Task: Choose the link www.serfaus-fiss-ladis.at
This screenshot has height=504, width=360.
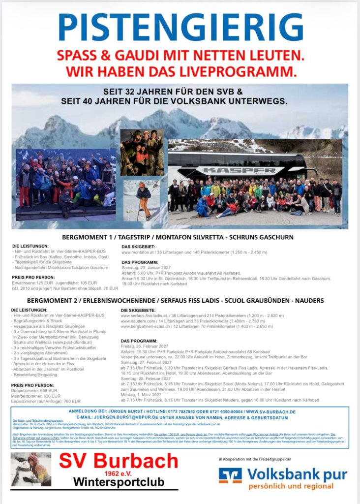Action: coord(146,315)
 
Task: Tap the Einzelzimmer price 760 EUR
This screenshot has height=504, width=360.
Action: coord(72,401)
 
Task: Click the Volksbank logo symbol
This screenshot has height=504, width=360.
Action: coord(230,476)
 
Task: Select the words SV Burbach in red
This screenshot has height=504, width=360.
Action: coord(119,461)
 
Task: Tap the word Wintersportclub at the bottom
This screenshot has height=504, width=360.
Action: coord(118,482)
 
